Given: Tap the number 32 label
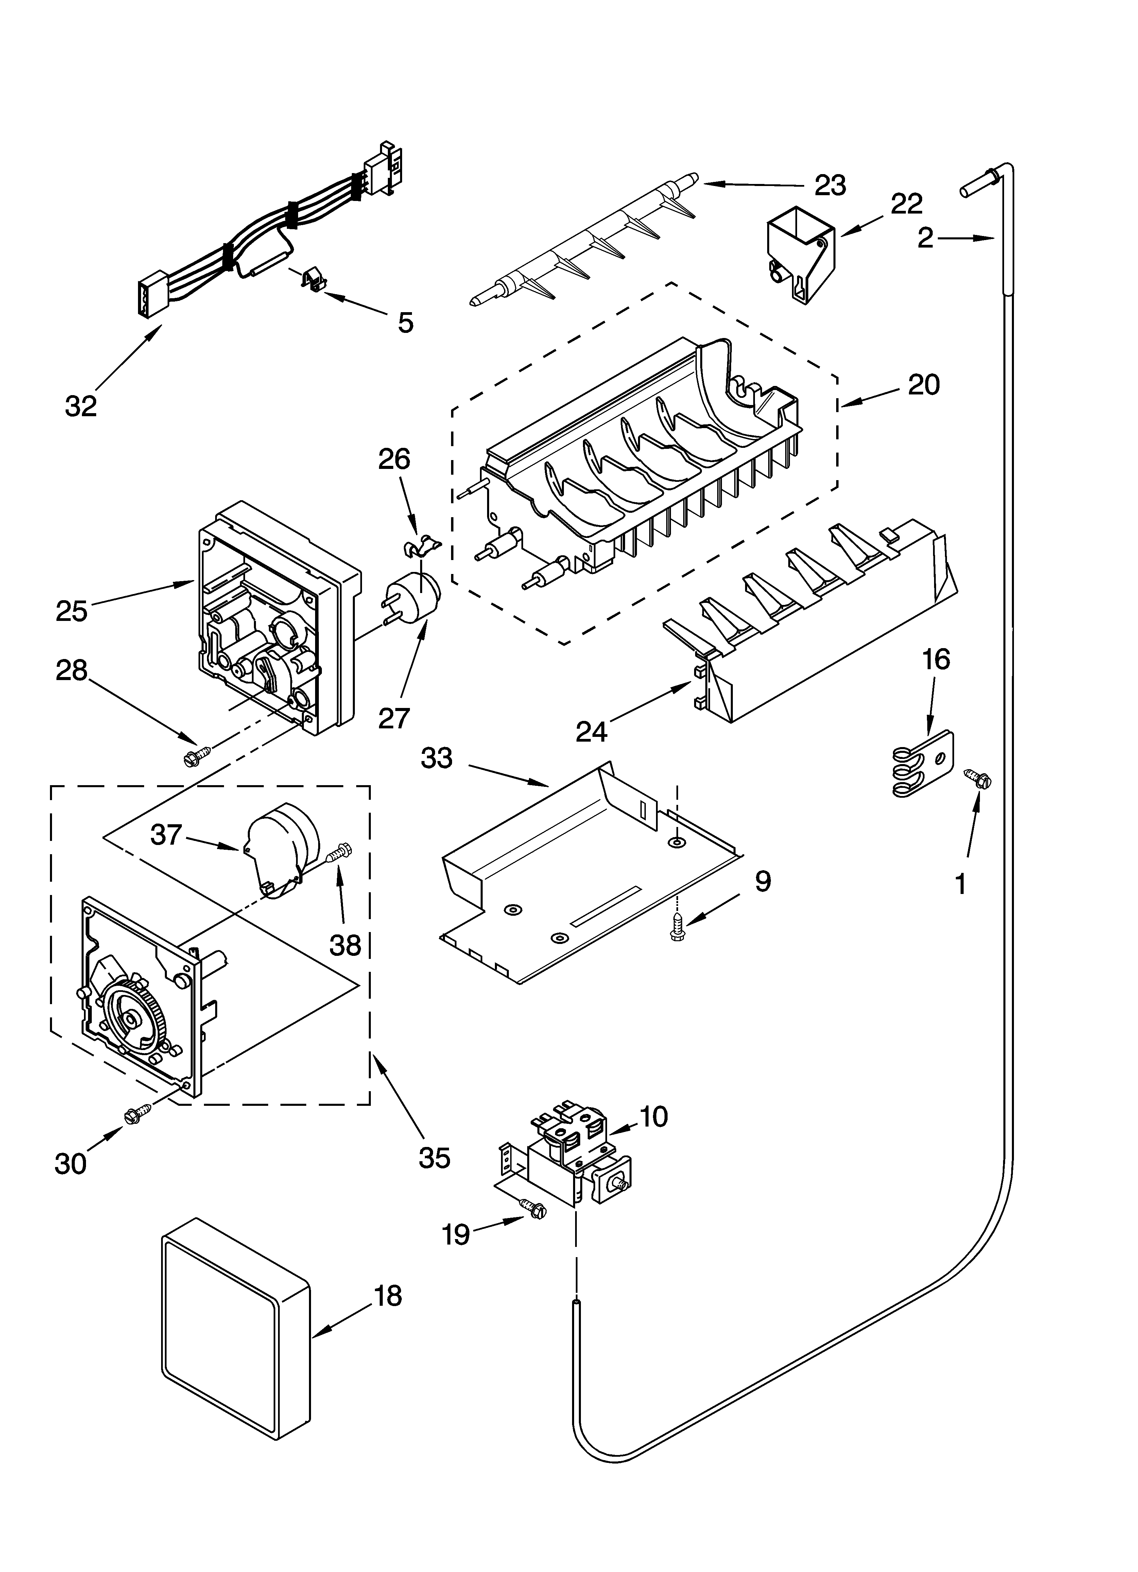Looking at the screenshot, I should tap(81, 406).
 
